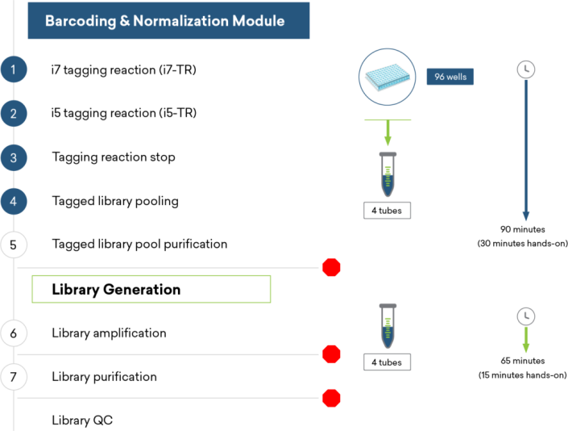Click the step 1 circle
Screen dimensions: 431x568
pyautogui.click(x=13, y=70)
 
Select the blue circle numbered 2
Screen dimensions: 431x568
pyautogui.click(x=13, y=114)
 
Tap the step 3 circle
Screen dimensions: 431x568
pyautogui.click(x=13, y=157)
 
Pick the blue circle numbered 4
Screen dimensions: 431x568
pyautogui.click(x=13, y=201)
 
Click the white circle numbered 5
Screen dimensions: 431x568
pyautogui.click(x=13, y=245)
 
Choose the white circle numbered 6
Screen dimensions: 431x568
pyautogui.click(x=13, y=333)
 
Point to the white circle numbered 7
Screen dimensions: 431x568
pyautogui.click(x=13, y=376)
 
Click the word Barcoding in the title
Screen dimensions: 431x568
pyautogui.click(x=80, y=21)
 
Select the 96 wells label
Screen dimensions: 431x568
pyautogui.click(x=450, y=77)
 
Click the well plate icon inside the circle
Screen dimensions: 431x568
pyautogui.click(x=387, y=77)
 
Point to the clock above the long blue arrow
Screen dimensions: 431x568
pyautogui.click(x=525, y=69)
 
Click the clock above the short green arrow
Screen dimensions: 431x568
pyautogui.click(x=525, y=316)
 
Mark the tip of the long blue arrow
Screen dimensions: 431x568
pyautogui.click(x=525, y=218)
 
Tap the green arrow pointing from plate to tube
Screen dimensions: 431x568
pyautogui.click(x=388, y=132)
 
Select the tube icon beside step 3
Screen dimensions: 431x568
pyautogui.click(x=388, y=174)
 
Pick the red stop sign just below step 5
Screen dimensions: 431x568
pyautogui.click(x=331, y=267)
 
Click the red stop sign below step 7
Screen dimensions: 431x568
pyautogui.click(x=331, y=398)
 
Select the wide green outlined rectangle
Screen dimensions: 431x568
pyautogui.click(x=151, y=289)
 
